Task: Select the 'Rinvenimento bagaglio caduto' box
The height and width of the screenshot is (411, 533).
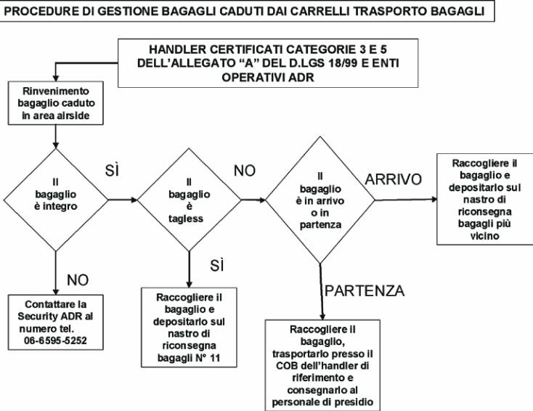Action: click(56, 103)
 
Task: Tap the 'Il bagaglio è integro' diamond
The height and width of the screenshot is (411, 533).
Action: click(56, 200)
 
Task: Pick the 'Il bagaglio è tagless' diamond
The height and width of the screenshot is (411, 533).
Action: click(190, 200)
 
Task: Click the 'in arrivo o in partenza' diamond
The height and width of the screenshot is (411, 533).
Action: click(320, 200)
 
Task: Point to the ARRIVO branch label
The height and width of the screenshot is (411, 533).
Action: click(394, 179)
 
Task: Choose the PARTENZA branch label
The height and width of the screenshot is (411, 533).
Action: click(365, 291)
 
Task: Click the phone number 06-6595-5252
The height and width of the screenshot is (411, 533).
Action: click(55, 341)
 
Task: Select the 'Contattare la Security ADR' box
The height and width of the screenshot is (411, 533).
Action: click(56, 322)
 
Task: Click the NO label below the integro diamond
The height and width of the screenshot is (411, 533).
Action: click(78, 280)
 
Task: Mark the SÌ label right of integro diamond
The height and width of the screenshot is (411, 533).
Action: click(112, 171)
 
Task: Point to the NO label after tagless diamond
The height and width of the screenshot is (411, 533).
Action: click(245, 171)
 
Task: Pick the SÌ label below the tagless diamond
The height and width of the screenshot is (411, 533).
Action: click(217, 265)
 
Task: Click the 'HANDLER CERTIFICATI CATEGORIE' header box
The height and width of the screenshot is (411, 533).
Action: click(268, 63)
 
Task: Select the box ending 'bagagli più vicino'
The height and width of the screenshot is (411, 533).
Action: click(485, 199)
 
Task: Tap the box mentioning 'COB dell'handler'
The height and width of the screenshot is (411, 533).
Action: click(322, 365)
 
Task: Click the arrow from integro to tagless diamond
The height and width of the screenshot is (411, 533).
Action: click(123, 200)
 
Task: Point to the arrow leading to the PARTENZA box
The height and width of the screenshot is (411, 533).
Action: click(321, 292)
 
